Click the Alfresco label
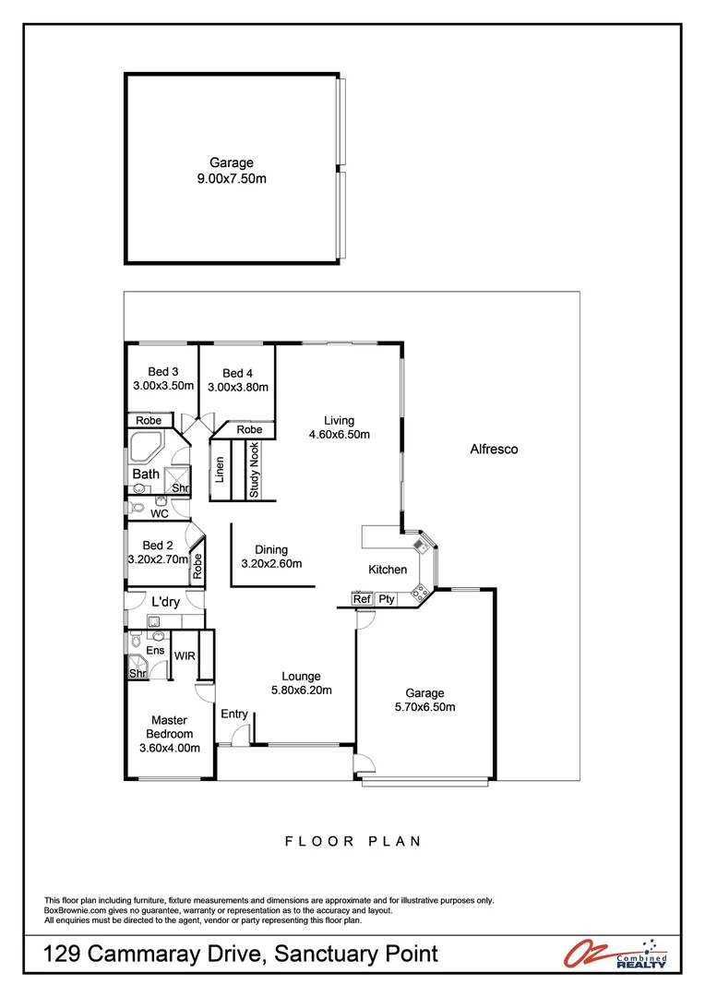495,450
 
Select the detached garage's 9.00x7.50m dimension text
232,179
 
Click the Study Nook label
254,470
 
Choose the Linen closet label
220,470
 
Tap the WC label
160,513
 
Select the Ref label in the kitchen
362,599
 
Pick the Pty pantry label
386,599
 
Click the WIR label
185,655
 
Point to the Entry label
234,713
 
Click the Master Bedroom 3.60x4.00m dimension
169,749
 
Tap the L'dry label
165,602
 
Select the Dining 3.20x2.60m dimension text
271,563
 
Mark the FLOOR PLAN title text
352,841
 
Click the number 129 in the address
65,955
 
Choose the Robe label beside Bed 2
197,565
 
